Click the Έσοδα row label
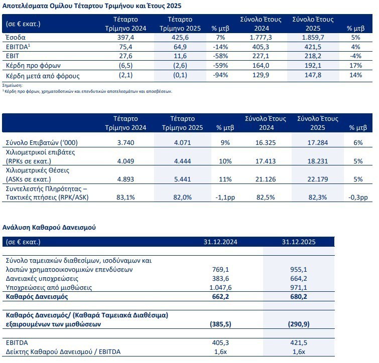15,38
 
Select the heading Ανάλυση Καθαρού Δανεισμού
50,227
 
